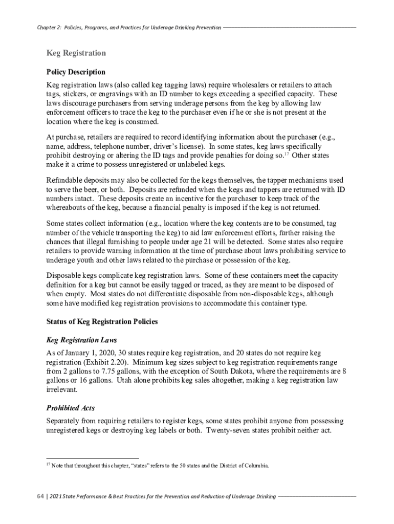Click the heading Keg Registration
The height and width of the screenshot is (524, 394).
(76, 53)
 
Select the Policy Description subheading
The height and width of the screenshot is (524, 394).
(76, 72)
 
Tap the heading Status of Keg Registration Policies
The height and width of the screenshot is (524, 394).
(102, 322)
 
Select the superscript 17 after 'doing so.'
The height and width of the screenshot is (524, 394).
(287, 153)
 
